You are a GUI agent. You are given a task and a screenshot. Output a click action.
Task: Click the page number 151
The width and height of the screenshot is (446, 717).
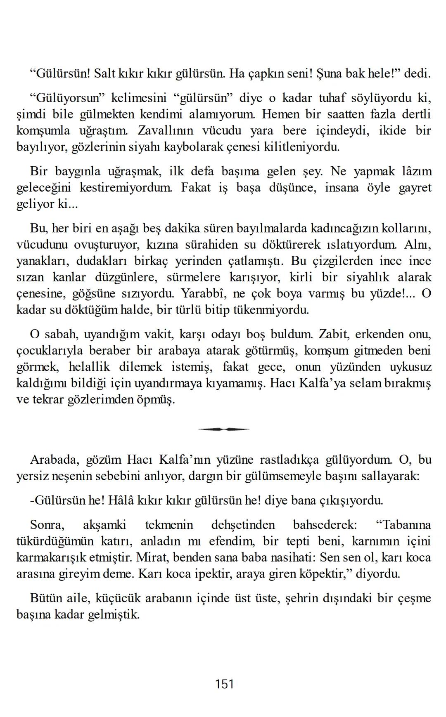(224, 684)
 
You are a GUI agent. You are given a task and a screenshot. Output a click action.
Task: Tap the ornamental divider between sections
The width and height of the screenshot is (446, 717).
(224, 429)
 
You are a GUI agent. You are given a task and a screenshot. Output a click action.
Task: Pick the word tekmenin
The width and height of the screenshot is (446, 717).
(169, 525)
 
